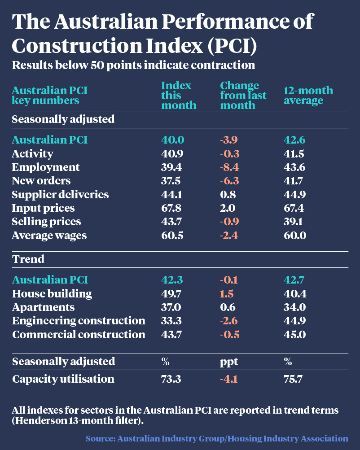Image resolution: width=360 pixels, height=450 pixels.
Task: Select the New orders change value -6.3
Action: (230, 181)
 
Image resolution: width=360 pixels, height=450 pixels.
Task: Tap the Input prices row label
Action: (43, 208)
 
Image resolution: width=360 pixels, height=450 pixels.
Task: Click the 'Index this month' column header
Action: (178, 96)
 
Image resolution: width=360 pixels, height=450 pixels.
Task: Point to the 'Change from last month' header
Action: (243, 96)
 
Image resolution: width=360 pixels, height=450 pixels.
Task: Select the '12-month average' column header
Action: (308, 96)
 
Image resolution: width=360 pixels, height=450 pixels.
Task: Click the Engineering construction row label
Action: (79, 321)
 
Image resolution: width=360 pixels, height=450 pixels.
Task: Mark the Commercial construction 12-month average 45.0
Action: (294, 334)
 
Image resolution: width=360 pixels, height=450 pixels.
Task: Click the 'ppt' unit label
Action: (228, 362)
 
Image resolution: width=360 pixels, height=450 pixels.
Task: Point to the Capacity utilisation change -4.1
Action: (228, 379)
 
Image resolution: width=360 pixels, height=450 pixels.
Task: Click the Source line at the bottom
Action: (217, 438)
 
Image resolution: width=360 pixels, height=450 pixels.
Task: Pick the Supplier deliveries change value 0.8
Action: (227, 195)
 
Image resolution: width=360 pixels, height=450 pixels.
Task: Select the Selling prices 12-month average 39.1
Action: (294, 222)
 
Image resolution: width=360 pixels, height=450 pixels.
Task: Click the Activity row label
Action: (32, 154)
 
